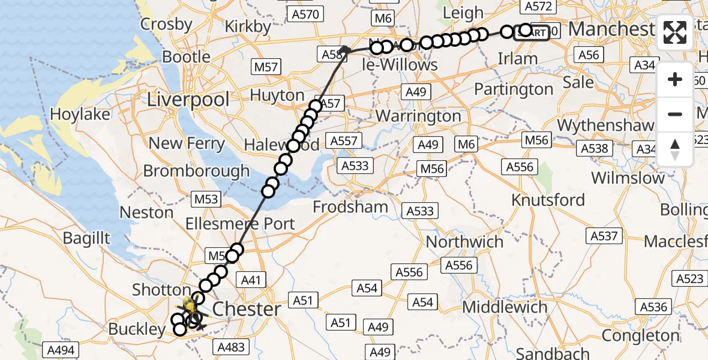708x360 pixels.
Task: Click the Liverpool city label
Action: (189, 100)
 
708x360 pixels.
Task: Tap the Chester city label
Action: (247, 309)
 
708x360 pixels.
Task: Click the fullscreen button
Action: (675, 32)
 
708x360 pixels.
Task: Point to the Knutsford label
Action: (548, 200)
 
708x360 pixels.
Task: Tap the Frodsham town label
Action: (350, 208)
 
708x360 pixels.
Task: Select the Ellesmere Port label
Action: (249, 224)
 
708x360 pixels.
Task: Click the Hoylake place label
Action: (80, 114)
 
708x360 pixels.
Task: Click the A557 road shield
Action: (344, 142)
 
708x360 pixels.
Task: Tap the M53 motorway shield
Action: (206, 199)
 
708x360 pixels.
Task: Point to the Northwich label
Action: (464, 242)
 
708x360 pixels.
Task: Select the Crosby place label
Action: (166, 25)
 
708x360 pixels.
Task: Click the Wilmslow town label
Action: (628, 178)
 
